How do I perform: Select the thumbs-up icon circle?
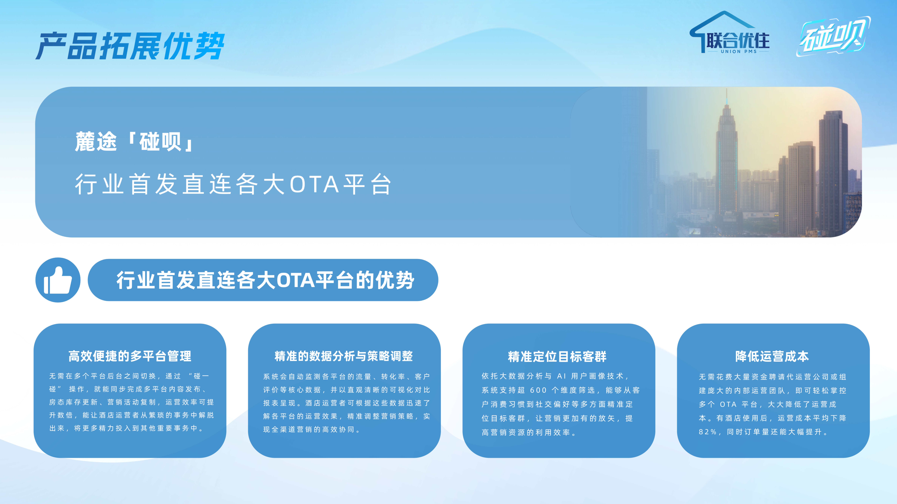(x=58, y=280)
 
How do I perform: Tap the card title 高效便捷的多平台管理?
(x=130, y=356)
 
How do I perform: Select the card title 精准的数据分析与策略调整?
(x=344, y=356)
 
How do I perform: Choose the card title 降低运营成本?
(x=772, y=356)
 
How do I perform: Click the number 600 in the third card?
(x=538, y=390)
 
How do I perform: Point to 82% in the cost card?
(x=708, y=432)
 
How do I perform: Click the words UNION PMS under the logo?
(x=739, y=52)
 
